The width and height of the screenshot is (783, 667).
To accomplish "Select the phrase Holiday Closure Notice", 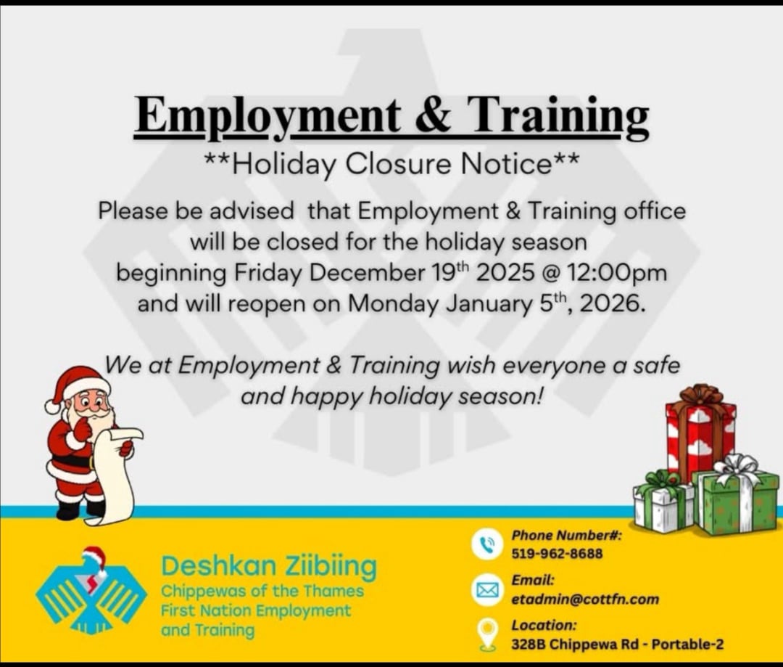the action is tap(392, 164).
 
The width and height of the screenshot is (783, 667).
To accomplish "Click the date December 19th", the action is tap(389, 272).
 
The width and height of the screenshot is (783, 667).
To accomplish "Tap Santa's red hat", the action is tap(78, 386).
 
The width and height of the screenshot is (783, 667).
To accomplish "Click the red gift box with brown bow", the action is tap(700, 432).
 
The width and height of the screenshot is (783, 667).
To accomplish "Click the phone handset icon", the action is tap(486, 544).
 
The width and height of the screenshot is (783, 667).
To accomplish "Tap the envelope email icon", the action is tap(486, 591).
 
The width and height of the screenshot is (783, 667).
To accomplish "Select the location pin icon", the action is tap(488, 634).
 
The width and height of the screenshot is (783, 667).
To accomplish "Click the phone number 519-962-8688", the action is tap(557, 554).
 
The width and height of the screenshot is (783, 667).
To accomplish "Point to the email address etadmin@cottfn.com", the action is tap(585, 599).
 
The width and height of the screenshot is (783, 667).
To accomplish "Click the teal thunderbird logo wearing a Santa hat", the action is tap(91, 590).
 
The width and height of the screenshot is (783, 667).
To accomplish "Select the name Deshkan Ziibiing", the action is tap(269, 567).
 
